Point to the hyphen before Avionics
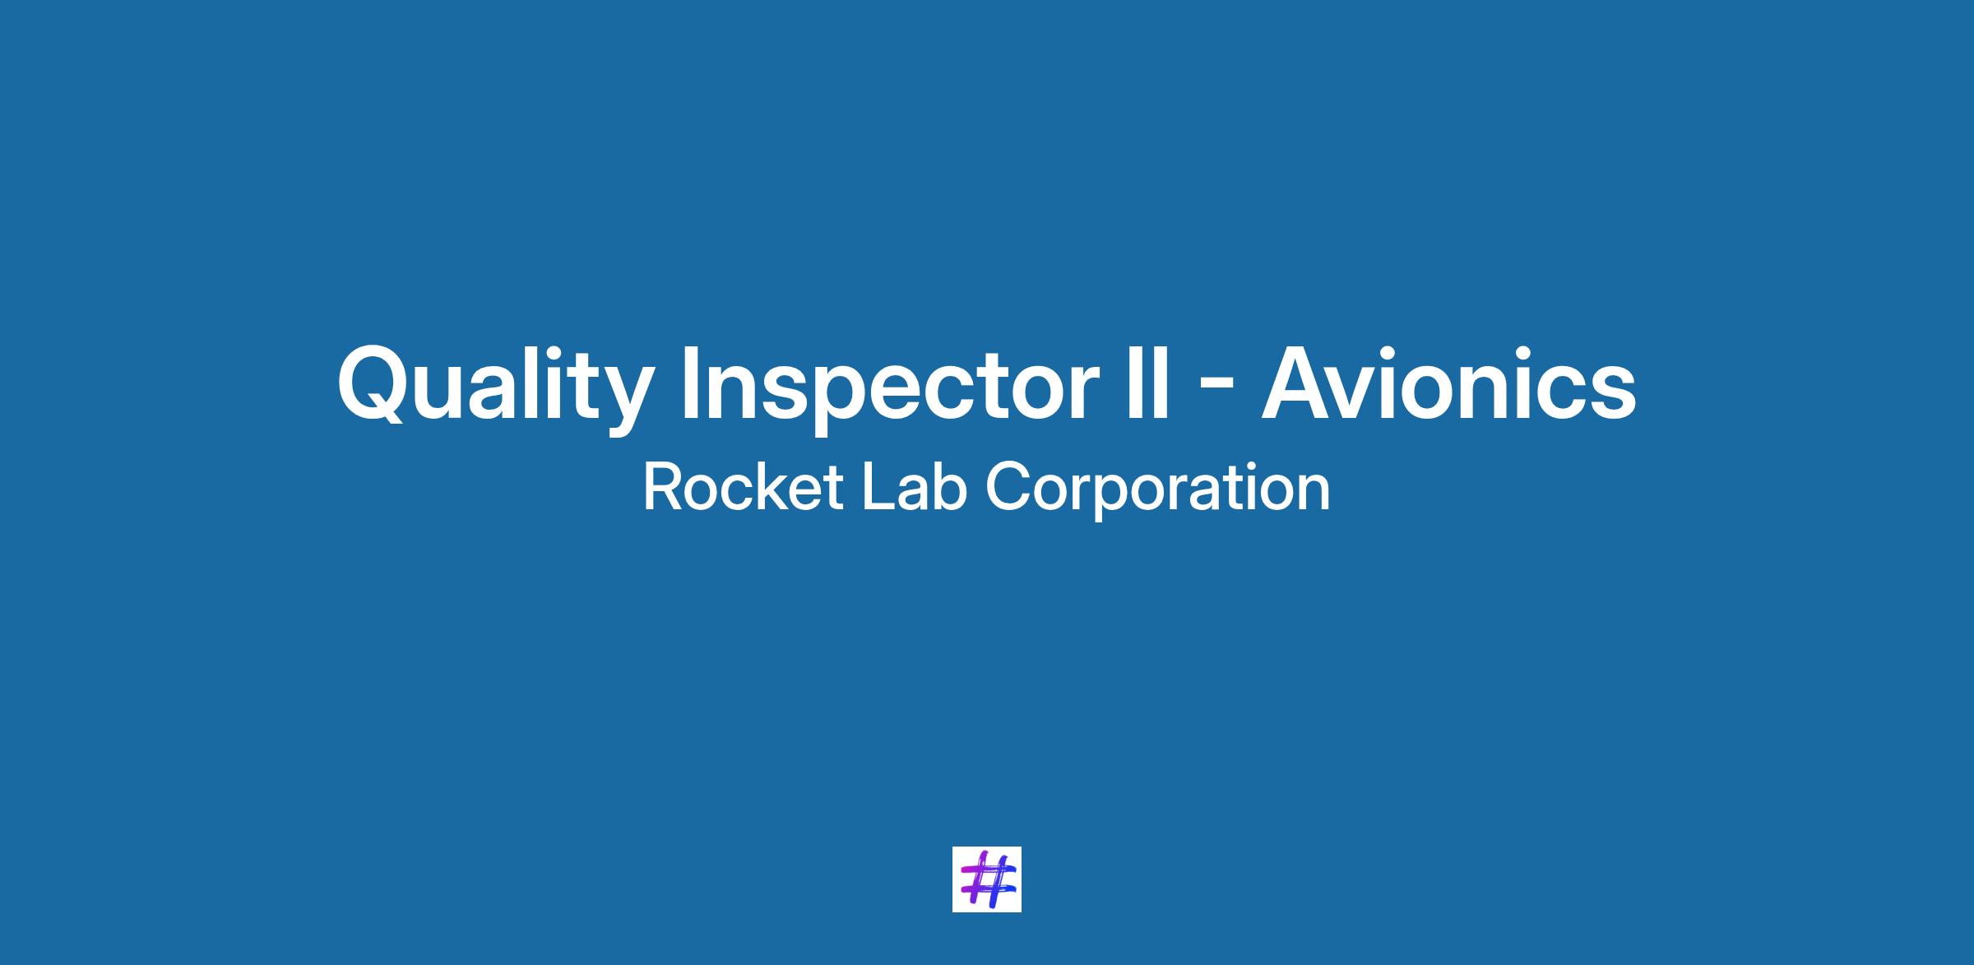[x=1216, y=390]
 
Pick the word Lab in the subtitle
[x=913, y=487]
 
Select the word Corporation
[x=1157, y=490]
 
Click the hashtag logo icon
[x=986, y=879]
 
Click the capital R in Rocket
[x=662, y=487]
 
